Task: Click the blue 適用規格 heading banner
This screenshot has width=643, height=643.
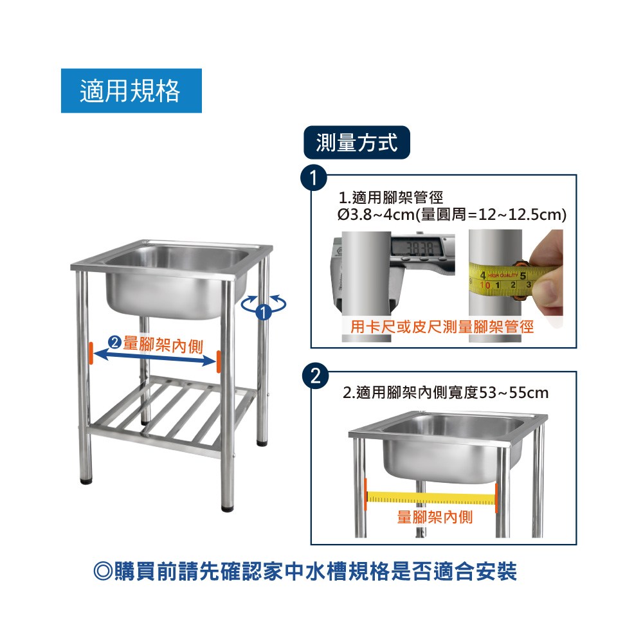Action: tap(131, 91)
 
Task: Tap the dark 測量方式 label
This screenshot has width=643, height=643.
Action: tap(357, 143)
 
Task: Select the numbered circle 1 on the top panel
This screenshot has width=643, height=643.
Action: tap(314, 178)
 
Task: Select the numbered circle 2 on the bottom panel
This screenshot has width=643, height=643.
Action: tap(315, 376)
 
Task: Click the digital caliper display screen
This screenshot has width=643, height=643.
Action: tap(416, 247)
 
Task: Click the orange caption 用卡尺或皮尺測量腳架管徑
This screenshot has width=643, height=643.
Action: tap(442, 327)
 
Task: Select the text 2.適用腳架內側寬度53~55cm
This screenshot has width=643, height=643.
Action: tap(446, 393)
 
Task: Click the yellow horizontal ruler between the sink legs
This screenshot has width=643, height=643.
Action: tap(431, 498)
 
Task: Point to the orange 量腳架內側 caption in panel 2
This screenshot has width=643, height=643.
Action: tap(435, 517)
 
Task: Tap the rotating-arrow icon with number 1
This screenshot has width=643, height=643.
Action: tap(264, 307)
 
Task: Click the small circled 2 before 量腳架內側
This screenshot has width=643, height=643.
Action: tap(114, 342)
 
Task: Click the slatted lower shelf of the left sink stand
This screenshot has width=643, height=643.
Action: tap(172, 414)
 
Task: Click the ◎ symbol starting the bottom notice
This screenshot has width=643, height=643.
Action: tap(102, 571)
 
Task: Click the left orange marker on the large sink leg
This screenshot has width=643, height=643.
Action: tap(91, 354)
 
